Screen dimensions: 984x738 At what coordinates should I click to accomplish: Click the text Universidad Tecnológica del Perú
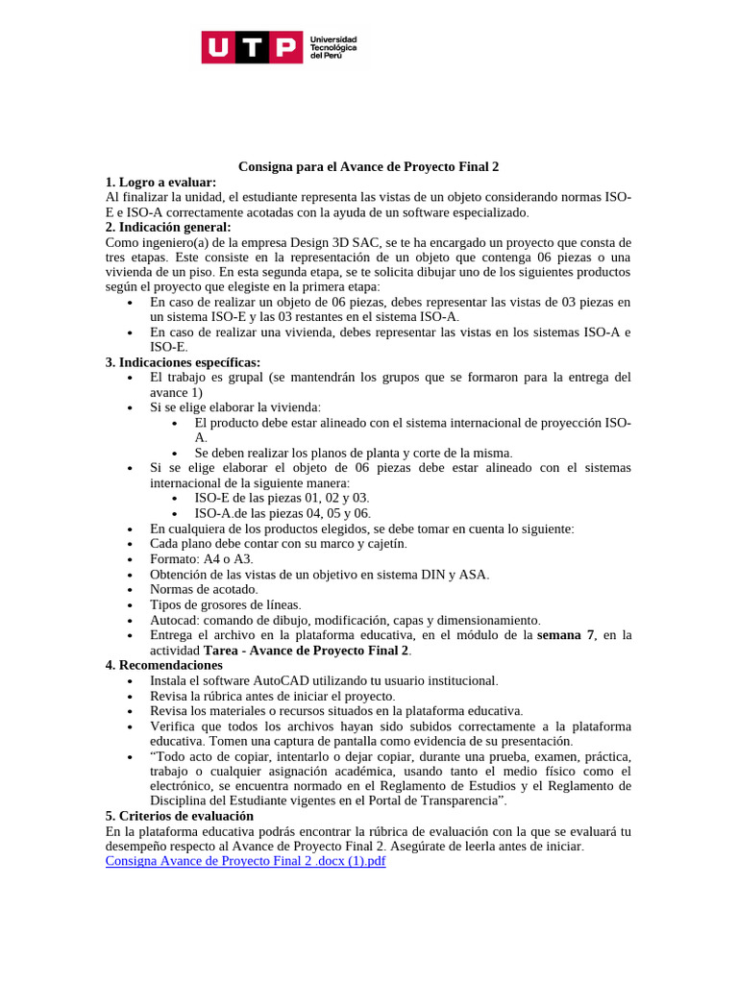tap(332, 47)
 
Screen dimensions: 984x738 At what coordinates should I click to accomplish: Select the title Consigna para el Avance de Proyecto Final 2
tap(369, 167)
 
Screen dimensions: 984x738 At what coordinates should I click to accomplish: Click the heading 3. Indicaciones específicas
tap(183, 362)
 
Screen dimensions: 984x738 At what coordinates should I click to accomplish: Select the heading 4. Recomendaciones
tap(163, 665)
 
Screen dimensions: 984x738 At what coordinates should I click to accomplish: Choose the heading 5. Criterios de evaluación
tap(180, 816)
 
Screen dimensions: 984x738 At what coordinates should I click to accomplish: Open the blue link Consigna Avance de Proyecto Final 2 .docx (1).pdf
tap(245, 861)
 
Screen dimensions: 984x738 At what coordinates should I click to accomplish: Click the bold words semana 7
tap(566, 635)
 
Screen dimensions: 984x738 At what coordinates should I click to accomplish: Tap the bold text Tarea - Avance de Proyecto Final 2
tap(307, 651)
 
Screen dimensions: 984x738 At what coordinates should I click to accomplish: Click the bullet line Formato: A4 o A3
tap(202, 559)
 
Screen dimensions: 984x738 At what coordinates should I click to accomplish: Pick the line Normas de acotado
tap(204, 589)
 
